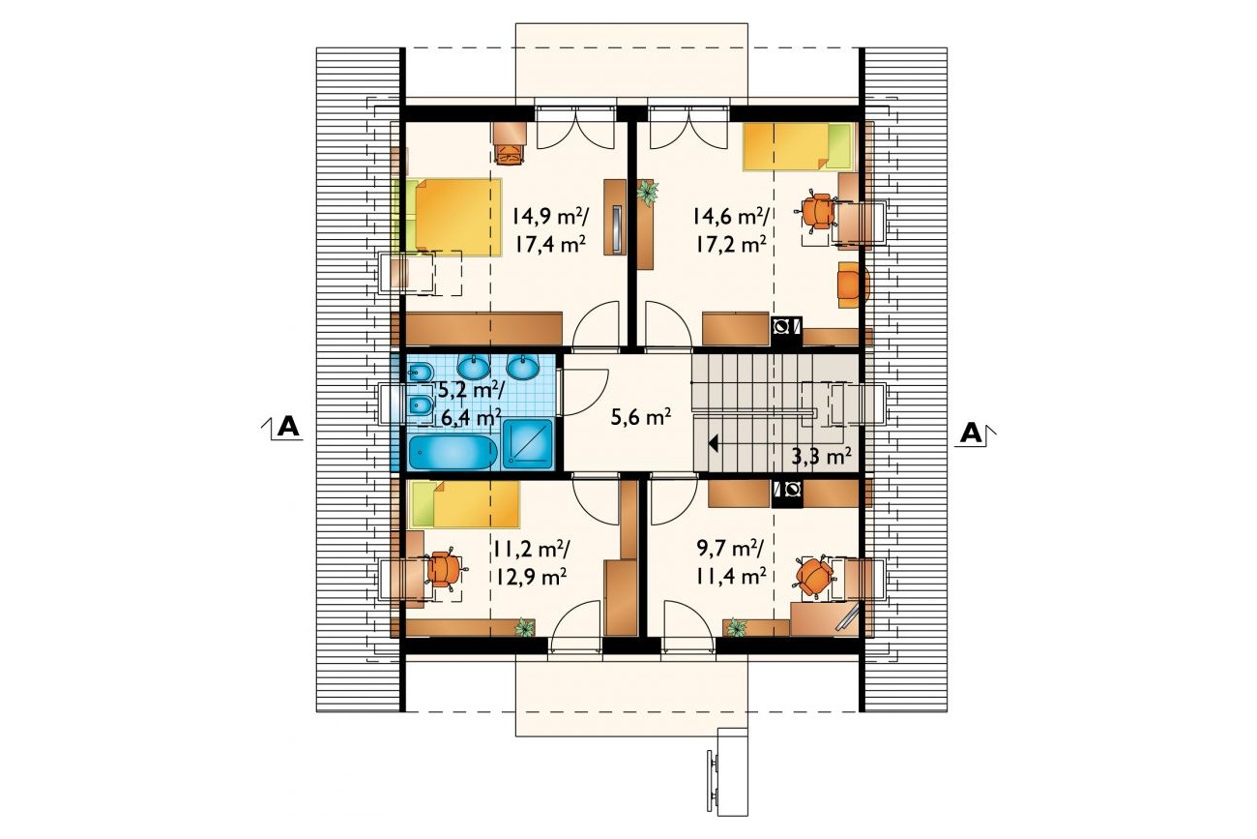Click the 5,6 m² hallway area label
(x=641, y=418)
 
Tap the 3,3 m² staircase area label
(x=822, y=456)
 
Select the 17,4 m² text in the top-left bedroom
(x=550, y=245)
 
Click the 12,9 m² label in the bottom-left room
(x=530, y=577)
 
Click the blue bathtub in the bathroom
(x=453, y=453)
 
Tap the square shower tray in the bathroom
(x=528, y=443)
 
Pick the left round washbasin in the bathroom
(x=473, y=368)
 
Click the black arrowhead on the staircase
(x=714, y=443)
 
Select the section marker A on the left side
(x=288, y=428)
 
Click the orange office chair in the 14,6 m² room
(x=816, y=212)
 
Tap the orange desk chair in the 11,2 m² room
(x=445, y=569)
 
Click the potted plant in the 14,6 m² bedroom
(x=647, y=194)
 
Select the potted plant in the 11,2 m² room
(x=525, y=627)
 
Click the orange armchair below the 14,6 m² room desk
(x=853, y=285)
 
